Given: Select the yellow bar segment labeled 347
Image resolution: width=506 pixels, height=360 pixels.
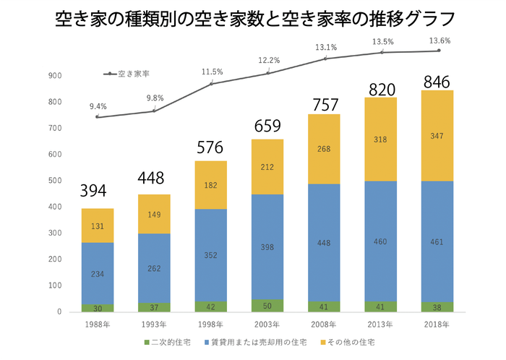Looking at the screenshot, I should pos(438,135).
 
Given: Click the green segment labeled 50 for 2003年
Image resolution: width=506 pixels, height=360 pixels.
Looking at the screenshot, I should pos(267,306).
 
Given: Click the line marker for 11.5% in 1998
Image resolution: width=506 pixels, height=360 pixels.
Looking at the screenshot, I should pos(211,84).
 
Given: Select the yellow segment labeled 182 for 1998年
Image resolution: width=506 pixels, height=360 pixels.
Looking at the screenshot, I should pos(210,186).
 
